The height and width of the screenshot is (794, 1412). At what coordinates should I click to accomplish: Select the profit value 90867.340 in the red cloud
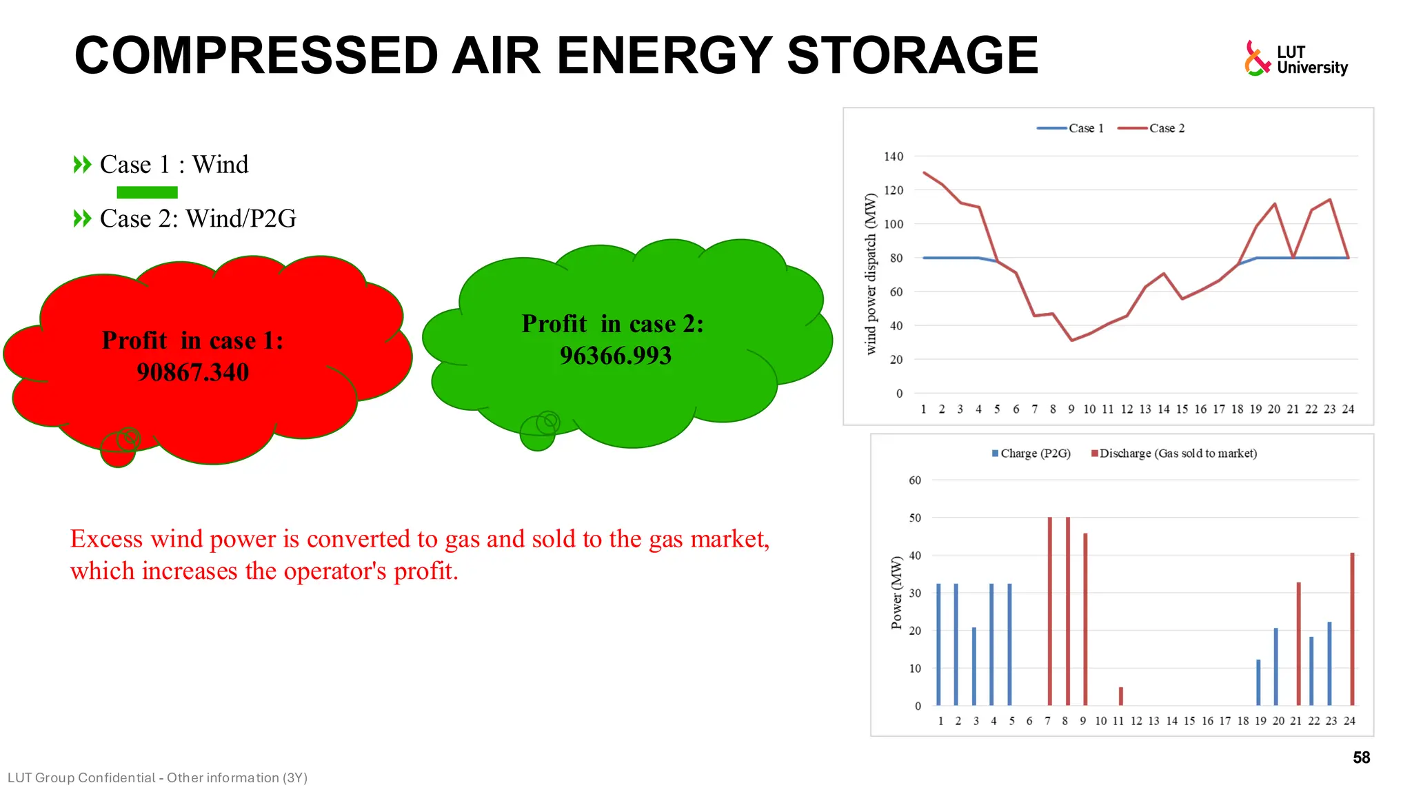click(x=192, y=373)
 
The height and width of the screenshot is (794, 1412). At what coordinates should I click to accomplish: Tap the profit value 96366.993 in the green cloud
click(x=615, y=356)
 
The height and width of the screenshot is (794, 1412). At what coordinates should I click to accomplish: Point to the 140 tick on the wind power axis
click(x=893, y=156)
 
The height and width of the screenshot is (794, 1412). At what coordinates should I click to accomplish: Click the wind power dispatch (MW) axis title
click(x=870, y=274)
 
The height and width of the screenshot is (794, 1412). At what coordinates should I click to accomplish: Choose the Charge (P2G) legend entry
click(x=1031, y=454)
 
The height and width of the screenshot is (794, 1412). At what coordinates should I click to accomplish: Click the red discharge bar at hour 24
click(x=1352, y=629)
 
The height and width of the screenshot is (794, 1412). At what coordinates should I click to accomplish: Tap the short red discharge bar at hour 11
click(x=1121, y=696)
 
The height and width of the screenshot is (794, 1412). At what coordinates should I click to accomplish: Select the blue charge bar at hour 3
click(x=974, y=666)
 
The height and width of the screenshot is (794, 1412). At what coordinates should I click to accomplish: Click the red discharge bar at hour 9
click(x=1085, y=618)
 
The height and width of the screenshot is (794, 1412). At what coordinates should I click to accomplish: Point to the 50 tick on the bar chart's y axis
click(x=915, y=518)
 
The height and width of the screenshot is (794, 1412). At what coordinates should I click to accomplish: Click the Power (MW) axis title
click(x=896, y=593)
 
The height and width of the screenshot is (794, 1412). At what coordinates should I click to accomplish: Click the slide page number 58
click(x=1361, y=757)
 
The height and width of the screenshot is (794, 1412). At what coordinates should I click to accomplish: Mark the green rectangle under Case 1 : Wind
click(x=147, y=192)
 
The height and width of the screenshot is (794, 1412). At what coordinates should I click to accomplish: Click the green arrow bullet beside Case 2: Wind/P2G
click(x=82, y=218)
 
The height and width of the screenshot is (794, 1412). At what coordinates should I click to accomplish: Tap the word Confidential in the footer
click(x=116, y=777)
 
